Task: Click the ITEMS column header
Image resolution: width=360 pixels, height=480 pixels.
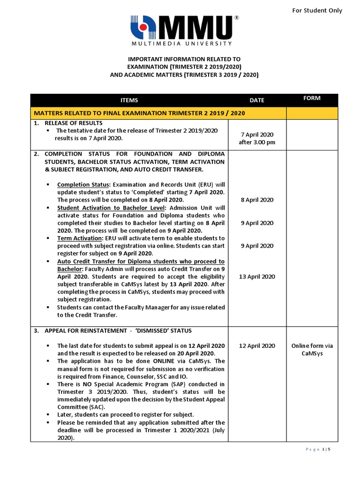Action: tap(129, 100)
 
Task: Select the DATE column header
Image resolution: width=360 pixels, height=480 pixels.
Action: tap(257, 100)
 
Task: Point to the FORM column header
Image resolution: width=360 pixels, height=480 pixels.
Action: tap(312, 98)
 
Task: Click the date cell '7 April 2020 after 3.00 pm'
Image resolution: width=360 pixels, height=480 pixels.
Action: tap(257, 138)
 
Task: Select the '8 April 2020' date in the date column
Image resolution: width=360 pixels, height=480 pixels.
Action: tap(257, 200)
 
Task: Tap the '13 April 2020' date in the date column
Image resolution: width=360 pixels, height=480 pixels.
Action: tap(257, 277)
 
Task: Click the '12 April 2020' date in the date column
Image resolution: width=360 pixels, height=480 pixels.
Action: tap(257, 346)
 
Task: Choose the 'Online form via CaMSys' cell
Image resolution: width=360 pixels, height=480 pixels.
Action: tap(312, 350)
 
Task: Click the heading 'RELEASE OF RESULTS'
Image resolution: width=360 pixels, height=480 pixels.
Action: tap(72, 123)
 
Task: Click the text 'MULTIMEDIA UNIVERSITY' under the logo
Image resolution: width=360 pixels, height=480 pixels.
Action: tap(180, 44)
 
